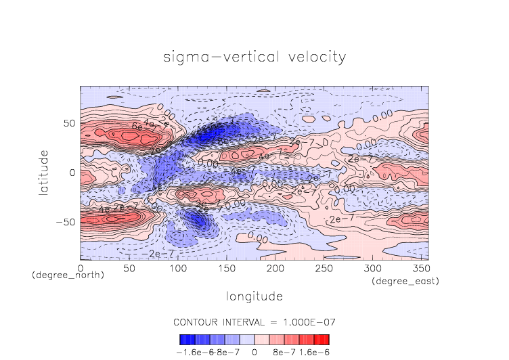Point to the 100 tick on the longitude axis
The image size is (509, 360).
(177, 269)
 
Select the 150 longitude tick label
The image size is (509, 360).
(225, 269)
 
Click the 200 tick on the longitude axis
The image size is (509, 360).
(274, 269)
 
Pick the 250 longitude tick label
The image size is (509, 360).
(323, 269)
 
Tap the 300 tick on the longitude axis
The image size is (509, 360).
(371, 269)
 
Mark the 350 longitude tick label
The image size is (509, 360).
(420, 269)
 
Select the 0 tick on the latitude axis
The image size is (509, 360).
(72, 173)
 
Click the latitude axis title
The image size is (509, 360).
(44, 173)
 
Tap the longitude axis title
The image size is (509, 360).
(255, 296)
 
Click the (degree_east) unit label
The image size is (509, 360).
(405, 281)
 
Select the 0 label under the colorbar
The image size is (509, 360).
(255, 351)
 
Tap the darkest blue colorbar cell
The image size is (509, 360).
(183, 339)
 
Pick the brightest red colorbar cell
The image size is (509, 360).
(326, 339)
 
